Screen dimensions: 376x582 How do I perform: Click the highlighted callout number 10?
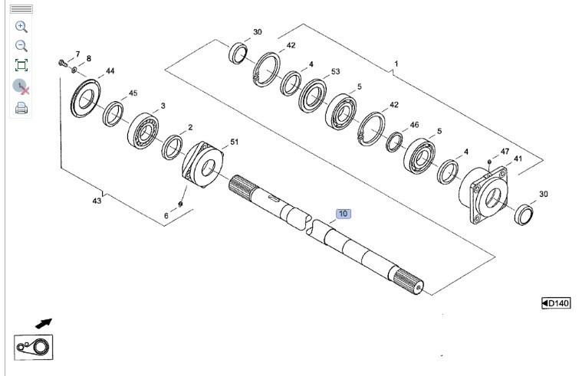pos(343,214)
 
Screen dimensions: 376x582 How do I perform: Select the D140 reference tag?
pos(556,304)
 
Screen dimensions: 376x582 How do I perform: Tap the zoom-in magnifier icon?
pos(21,26)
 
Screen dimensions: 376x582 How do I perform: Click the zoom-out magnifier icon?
pos(21,46)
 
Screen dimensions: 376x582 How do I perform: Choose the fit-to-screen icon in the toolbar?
pos(21,65)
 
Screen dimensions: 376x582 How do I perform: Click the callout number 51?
pos(235,142)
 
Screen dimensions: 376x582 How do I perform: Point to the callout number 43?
pos(97,201)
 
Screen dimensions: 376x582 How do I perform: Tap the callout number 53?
pos(335,71)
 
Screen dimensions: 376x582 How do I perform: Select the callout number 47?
pos(505,152)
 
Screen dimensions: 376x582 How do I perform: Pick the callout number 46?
pos(414,124)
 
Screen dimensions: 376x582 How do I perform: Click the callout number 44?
pos(110,71)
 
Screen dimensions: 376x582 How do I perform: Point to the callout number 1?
pos(396,63)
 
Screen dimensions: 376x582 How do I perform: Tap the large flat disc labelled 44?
pos(86,100)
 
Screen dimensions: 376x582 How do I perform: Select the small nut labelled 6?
pos(179,204)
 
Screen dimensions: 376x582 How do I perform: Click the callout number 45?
pos(133,93)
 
